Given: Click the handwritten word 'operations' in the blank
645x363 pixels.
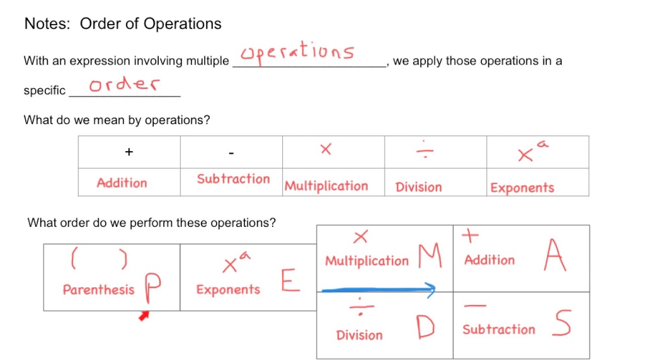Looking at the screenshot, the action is click(x=297, y=53).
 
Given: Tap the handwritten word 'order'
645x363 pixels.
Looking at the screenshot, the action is click(x=124, y=84).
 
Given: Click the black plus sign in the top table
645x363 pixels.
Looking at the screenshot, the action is click(x=129, y=152).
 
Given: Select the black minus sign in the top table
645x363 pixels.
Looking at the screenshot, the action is click(x=231, y=153).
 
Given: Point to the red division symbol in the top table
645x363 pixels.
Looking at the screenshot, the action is click(x=425, y=150).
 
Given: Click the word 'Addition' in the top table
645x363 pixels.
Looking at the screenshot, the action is click(x=122, y=183).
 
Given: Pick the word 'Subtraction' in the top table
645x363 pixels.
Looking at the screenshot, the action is click(x=233, y=179).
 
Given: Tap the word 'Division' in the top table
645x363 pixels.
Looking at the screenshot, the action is click(x=419, y=187).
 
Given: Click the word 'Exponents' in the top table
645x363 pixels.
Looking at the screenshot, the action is click(x=523, y=188).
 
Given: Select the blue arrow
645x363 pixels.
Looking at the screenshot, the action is click(x=378, y=290).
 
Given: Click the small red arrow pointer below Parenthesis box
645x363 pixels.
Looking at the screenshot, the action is click(x=144, y=316).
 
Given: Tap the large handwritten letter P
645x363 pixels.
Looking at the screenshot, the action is click(x=153, y=288).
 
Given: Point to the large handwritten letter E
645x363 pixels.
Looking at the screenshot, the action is click(x=290, y=280).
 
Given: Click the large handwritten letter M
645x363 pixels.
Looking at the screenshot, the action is click(x=430, y=256).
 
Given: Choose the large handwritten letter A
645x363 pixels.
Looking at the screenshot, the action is click(x=555, y=255).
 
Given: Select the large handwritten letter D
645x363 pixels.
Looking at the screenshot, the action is click(x=425, y=326).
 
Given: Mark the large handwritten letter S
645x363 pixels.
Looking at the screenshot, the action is click(x=562, y=323).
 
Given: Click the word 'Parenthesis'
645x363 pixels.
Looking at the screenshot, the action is click(x=98, y=289).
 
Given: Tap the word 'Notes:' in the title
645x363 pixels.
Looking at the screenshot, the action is click(x=47, y=24).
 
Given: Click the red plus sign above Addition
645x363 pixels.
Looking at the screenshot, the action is click(x=470, y=235).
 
